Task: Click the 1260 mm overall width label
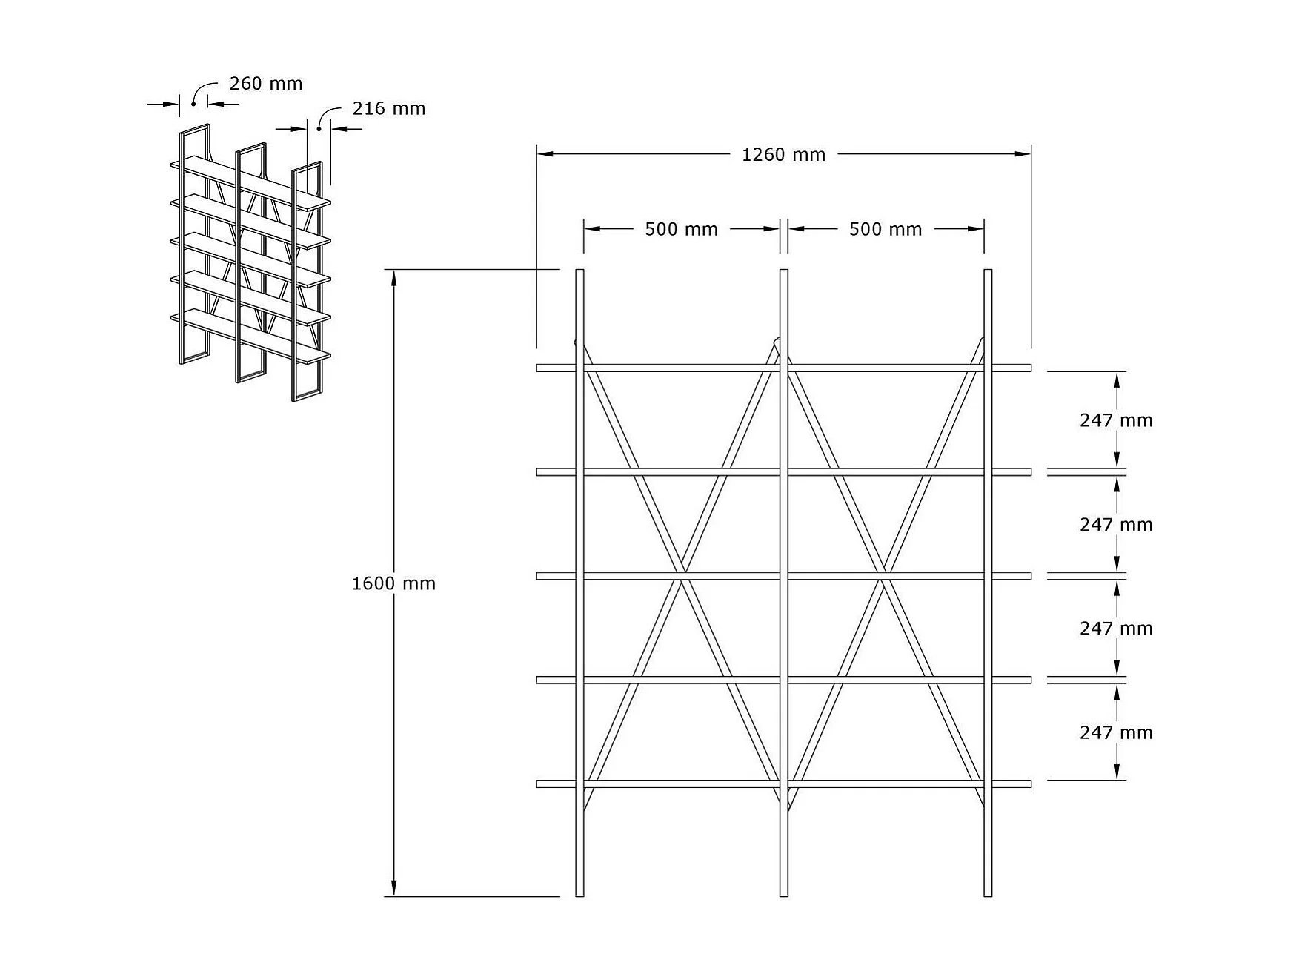pyautogui.click(x=783, y=155)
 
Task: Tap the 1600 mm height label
pyautogui.click(x=393, y=583)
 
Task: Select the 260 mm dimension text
pyautogui.click(x=266, y=83)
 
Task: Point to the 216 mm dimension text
pyautogui.click(x=389, y=108)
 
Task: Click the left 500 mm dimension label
pyautogui.click(x=681, y=229)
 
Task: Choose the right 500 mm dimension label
pyautogui.click(x=886, y=229)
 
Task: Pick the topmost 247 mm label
pyautogui.click(x=1116, y=420)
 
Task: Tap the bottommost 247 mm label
pyautogui.click(x=1116, y=732)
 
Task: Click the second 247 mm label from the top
pyautogui.click(x=1116, y=524)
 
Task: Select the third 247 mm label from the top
pyautogui.click(x=1116, y=628)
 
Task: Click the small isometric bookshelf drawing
pyautogui.click(x=250, y=263)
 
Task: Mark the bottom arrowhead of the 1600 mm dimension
pyautogui.click(x=394, y=889)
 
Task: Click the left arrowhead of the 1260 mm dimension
pyautogui.click(x=545, y=154)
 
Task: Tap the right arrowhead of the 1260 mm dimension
pyautogui.click(x=1023, y=154)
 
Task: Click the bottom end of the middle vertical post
pyautogui.click(x=784, y=896)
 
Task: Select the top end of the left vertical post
pyautogui.click(x=579, y=270)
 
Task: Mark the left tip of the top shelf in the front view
pyautogui.click(x=537, y=368)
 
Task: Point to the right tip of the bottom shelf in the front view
pyautogui.click(x=1031, y=783)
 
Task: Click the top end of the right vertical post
pyautogui.click(x=988, y=270)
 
